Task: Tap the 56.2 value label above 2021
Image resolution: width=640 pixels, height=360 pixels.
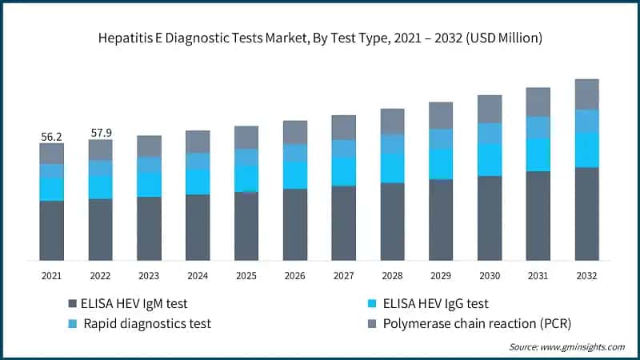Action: (x=52, y=137)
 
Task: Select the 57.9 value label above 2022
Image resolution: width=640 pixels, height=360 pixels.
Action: (x=101, y=133)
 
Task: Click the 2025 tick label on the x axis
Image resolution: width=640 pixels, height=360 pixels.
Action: (x=246, y=276)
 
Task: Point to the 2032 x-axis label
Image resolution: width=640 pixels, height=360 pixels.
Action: (x=587, y=276)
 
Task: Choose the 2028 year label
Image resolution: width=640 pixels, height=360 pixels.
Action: (x=392, y=276)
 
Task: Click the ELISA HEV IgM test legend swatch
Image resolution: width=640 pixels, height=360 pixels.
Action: (x=73, y=304)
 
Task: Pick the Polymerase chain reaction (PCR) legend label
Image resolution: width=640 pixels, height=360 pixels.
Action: (x=477, y=323)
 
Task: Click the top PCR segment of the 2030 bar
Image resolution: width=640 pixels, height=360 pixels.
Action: (x=490, y=109)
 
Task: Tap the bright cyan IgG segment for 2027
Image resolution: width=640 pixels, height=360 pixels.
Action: (x=344, y=171)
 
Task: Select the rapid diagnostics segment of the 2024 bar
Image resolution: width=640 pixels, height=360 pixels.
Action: (x=198, y=161)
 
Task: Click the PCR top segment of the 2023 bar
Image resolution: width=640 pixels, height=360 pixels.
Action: (x=149, y=146)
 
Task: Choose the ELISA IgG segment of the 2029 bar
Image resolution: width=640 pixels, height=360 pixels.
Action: (x=441, y=164)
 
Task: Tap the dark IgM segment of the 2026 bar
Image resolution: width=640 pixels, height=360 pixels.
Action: (x=295, y=225)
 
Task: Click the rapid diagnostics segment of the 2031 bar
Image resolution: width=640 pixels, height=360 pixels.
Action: (x=538, y=127)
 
